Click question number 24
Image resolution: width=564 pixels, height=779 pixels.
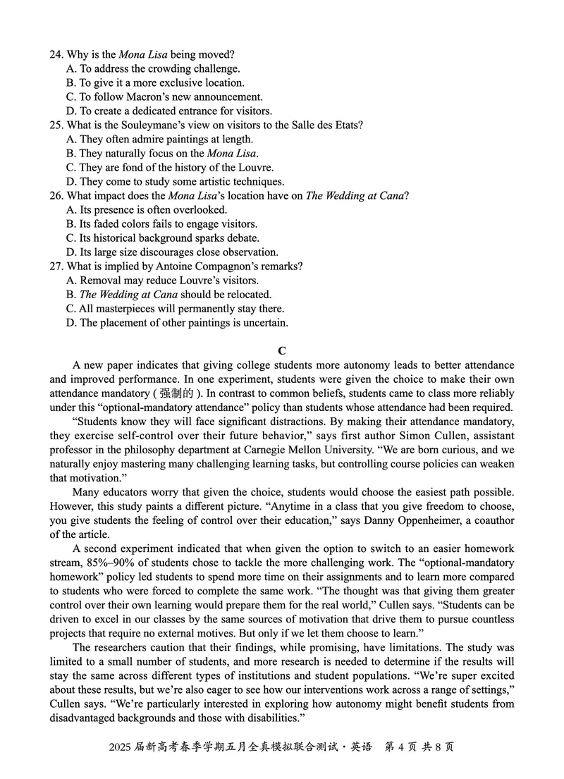pyautogui.click(x=56, y=54)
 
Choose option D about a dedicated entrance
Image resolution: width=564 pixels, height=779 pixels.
pyautogui.click(x=168, y=111)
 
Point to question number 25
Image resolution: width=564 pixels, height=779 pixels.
pyautogui.click(x=56, y=125)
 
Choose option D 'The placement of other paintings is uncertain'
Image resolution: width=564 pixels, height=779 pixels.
pyautogui.click(x=177, y=322)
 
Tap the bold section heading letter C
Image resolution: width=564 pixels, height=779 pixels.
pyautogui.click(x=282, y=350)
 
